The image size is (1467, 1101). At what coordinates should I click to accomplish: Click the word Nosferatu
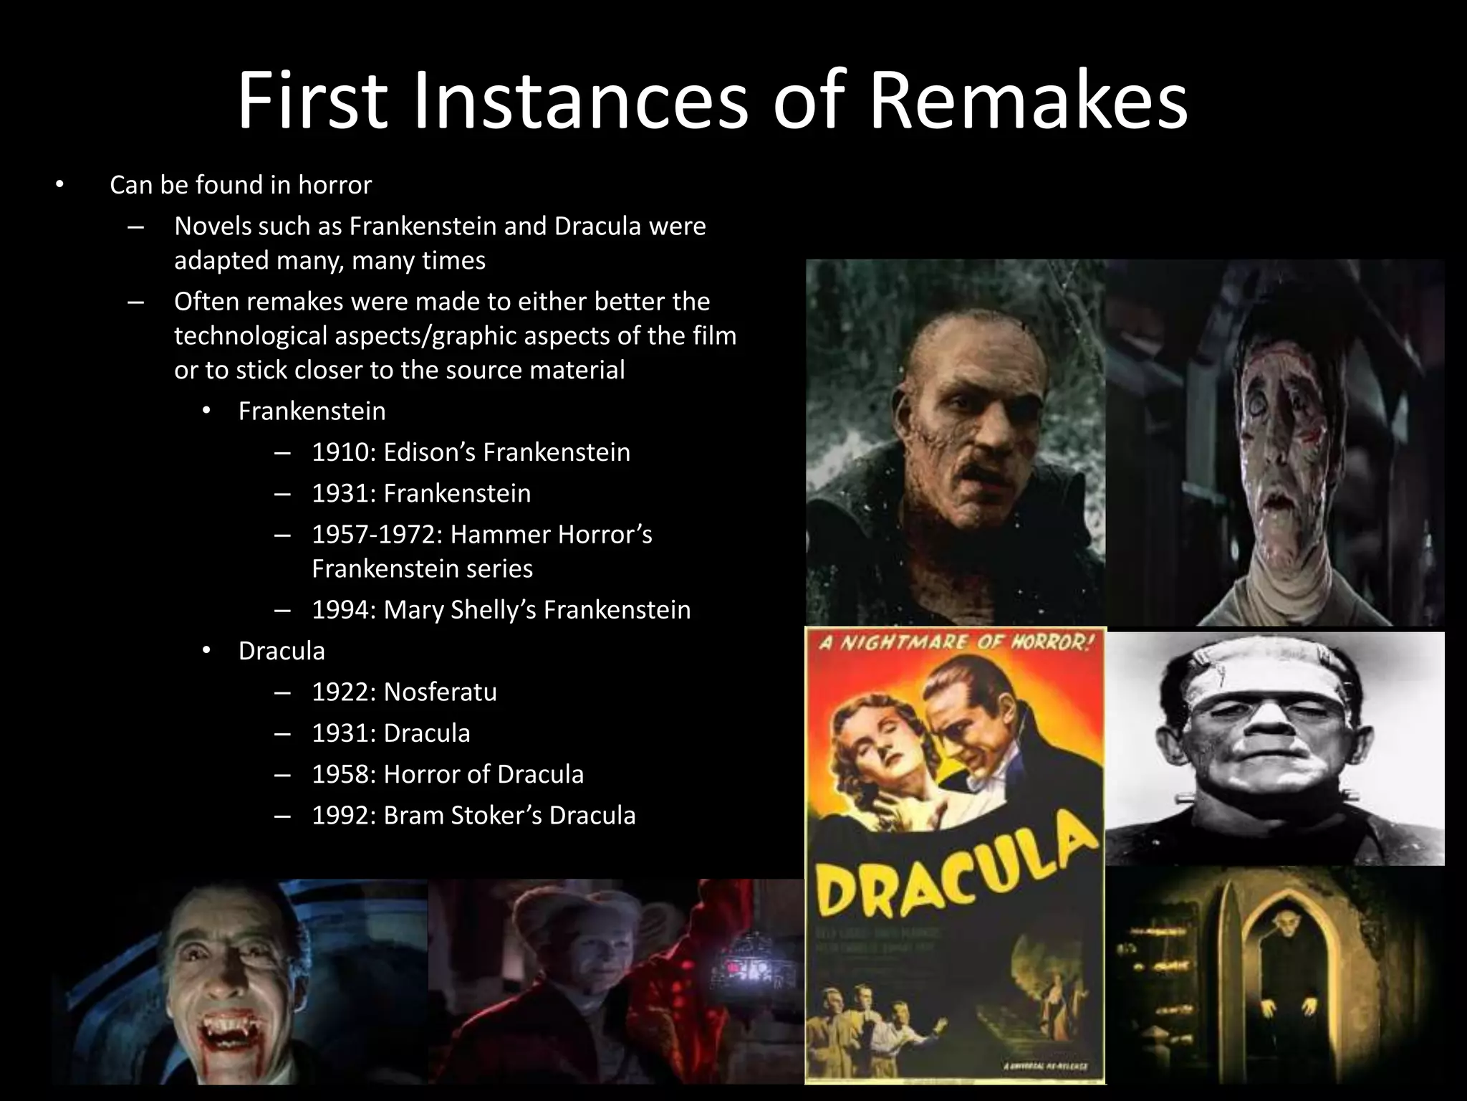(440, 692)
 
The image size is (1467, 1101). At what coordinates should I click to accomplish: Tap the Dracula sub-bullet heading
(282, 651)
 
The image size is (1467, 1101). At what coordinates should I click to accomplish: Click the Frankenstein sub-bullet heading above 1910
(312, 411)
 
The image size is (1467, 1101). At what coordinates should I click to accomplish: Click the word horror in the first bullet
(335, 186)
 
